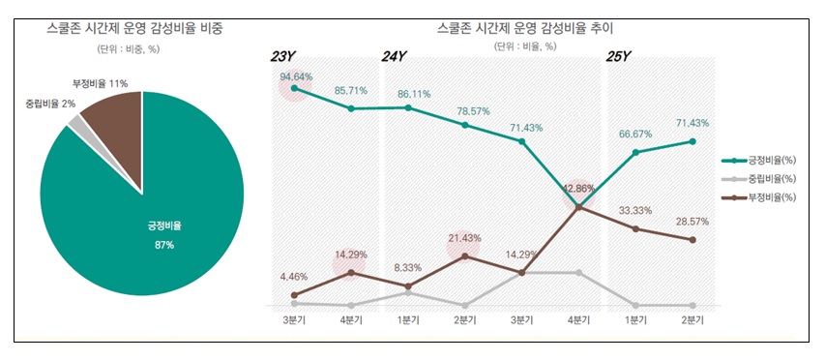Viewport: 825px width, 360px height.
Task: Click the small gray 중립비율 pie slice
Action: [75, 122]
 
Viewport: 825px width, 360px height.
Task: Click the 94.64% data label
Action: [296, 75]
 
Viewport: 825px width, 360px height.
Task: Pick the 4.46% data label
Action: [294, 276]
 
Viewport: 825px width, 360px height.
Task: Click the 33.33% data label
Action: [635, 210]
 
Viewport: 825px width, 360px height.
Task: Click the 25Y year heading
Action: [618, 56]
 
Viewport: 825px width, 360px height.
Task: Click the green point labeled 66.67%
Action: [635, 152]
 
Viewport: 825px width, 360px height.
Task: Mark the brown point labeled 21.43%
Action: [465, 256]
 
